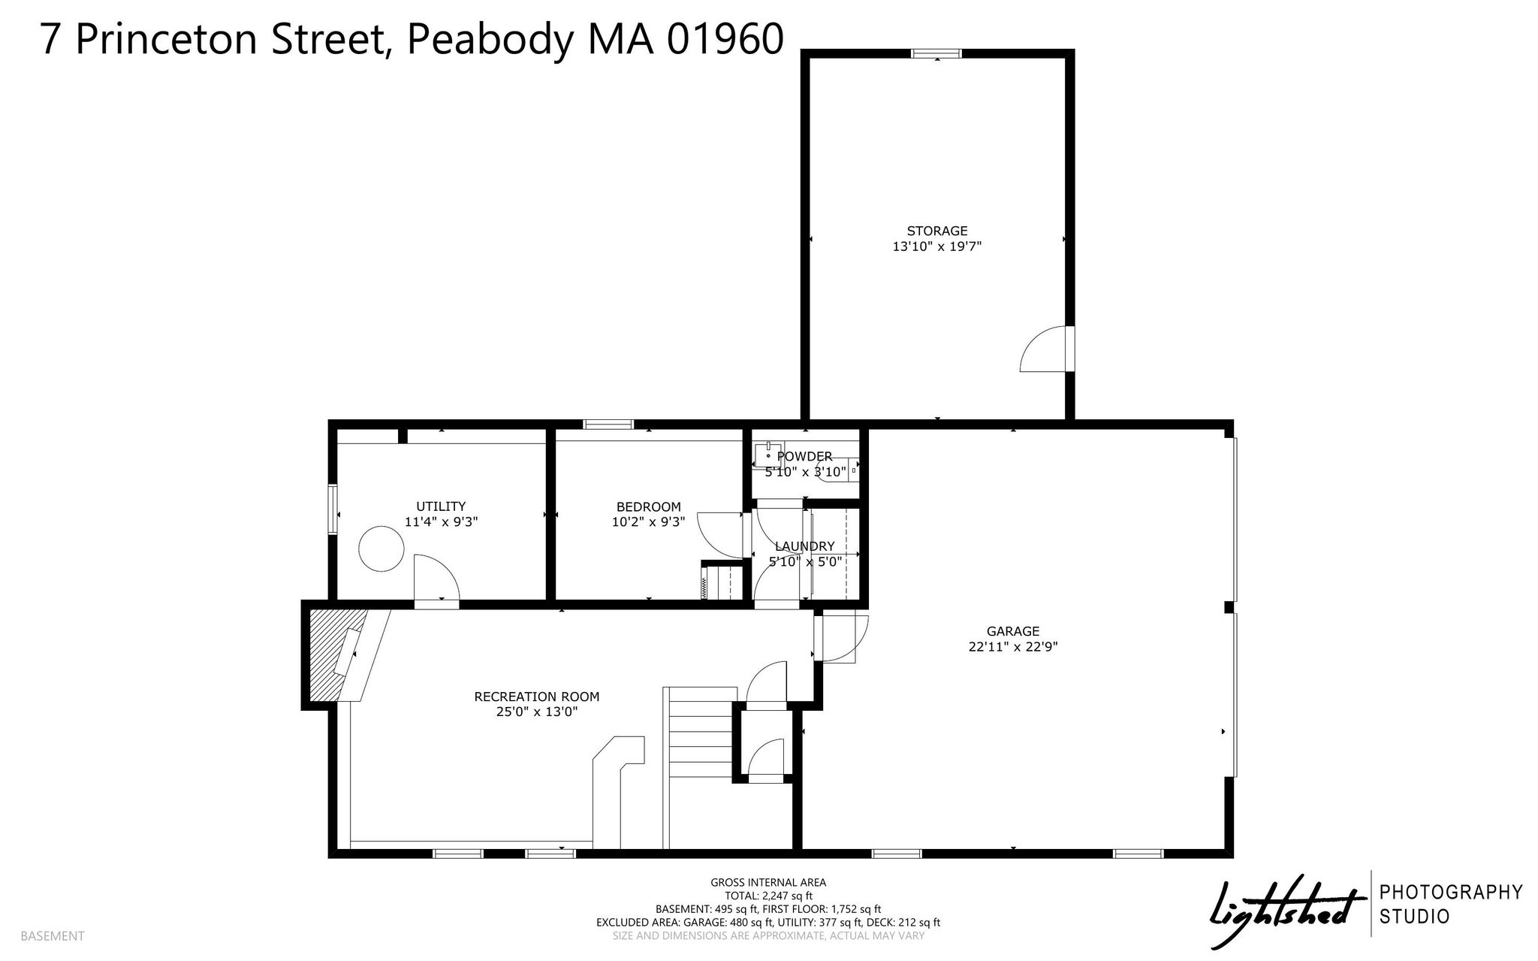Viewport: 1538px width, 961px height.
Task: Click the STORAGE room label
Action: (936, 231)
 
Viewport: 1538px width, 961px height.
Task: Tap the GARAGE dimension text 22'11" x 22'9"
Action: (1013, 646)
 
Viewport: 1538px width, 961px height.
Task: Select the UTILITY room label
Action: (441, 506)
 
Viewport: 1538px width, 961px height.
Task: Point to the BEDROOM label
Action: (648, 506)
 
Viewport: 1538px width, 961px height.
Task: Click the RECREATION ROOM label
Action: (537, 697)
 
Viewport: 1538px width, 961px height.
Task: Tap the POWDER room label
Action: (804, 456)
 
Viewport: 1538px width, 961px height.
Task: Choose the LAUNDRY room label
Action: (804, 546)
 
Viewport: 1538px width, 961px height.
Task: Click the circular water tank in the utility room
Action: (381, 550)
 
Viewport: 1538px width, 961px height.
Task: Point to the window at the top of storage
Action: (936, 53)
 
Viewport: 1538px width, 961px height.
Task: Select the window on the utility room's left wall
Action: (333, 510)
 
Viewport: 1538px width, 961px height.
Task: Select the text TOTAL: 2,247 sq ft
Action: (768, 896)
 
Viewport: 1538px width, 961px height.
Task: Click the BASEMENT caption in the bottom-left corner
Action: (52, 936)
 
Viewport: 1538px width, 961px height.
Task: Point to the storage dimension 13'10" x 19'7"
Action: (936, 246)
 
